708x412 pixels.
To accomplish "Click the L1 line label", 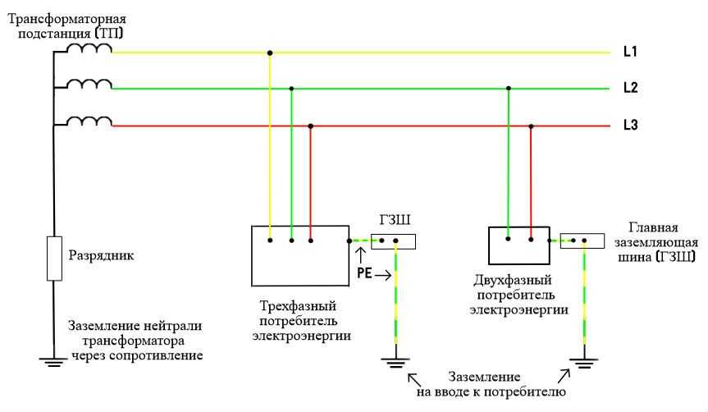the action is [630, 52].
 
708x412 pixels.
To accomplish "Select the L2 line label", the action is [630, 87].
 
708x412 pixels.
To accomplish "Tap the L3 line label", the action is [630, 124].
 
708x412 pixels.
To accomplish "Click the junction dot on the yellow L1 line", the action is [270, 53].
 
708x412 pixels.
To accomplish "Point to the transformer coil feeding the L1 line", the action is [89, 48].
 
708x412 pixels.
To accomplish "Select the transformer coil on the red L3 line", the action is [89, 121].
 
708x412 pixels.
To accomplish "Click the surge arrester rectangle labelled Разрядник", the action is [54, 258].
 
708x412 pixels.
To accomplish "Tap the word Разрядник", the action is [101, 256].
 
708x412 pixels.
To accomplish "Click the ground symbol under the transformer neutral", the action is [53, 361].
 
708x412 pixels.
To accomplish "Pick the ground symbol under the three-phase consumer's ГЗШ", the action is [395, 362].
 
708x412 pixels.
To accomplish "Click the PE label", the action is [364, 273].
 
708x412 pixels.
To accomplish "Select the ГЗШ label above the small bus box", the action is [395, 220].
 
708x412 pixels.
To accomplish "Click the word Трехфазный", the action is [298, 306].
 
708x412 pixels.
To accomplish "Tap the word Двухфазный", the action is [513, 280].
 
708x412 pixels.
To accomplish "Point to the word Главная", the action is [653, 227].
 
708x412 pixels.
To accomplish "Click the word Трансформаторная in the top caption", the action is [66, 20].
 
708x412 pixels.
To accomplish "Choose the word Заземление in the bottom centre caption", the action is [484, 377].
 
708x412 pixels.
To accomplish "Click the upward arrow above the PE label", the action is [360, 255].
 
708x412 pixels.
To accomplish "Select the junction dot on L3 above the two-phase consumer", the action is [531, 126].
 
